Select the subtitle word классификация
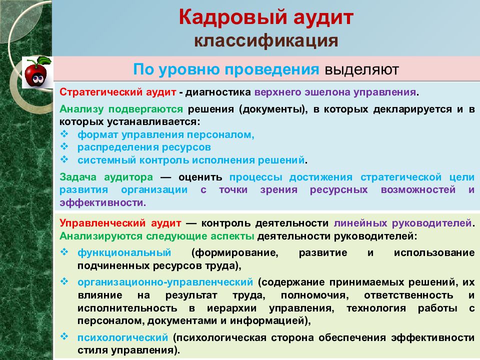click(x=266, y=40)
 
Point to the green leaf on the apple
click(x=44, y=60)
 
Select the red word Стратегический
click(x=94, y=93)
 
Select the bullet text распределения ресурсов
click(x=144, y=147)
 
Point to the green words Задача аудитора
click(x=106, y=177)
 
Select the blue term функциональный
click(x=124, y=252)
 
